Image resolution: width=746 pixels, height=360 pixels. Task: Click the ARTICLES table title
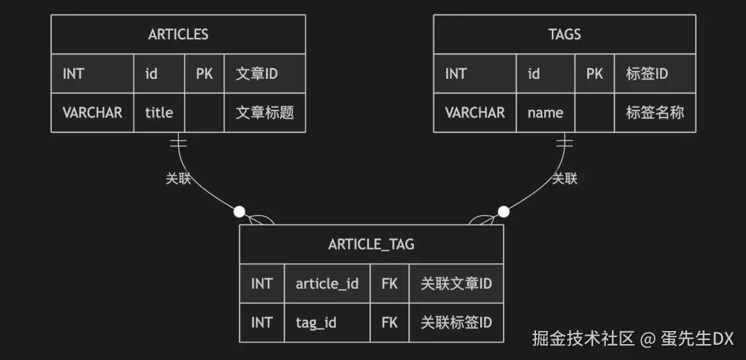178,35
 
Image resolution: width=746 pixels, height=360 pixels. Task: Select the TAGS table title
564,35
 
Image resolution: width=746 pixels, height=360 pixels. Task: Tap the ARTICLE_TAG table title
371,244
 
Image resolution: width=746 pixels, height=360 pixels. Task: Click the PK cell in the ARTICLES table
204,73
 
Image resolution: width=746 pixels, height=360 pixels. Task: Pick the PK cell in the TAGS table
595,73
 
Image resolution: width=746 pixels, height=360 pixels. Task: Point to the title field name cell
159,112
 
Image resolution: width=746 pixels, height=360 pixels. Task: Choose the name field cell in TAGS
545,112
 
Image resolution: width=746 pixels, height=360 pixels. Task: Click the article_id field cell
327,283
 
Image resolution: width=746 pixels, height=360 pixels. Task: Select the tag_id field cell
316,322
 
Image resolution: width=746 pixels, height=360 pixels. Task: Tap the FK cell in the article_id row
390,283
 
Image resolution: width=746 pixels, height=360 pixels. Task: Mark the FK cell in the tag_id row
390,322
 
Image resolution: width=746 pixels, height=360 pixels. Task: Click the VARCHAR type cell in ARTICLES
93,112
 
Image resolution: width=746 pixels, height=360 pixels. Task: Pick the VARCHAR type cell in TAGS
475,112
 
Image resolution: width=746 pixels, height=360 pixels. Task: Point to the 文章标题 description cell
265,112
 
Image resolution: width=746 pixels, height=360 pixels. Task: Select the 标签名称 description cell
655,112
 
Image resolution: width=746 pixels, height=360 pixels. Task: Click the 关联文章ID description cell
456,283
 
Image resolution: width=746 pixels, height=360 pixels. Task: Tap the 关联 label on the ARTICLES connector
178,178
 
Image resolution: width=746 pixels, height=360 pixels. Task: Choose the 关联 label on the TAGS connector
564,178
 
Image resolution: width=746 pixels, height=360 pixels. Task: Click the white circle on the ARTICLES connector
239,211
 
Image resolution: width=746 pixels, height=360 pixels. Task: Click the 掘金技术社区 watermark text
583,339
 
